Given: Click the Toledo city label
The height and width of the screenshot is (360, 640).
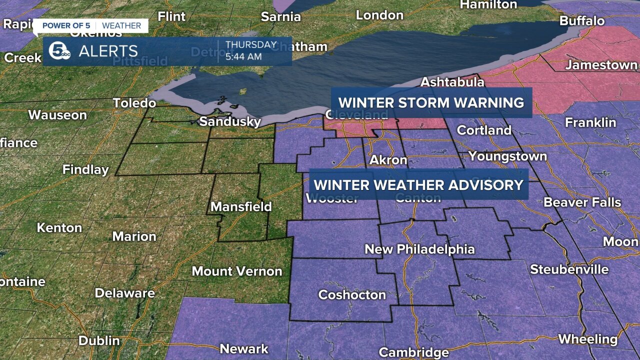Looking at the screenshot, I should [134, 103].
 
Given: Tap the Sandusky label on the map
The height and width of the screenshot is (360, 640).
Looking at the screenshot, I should [230, 121].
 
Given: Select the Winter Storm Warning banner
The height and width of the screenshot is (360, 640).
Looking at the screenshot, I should [431, 102].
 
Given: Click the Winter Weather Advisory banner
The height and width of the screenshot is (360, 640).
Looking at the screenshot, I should [418, 184].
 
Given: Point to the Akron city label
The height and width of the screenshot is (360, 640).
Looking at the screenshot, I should [388, 160].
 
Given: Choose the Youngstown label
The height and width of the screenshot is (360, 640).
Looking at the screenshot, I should [507, 156].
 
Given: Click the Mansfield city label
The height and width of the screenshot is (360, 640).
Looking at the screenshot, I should [241, 206].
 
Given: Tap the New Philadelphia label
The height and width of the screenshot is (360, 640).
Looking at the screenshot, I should [419, 249].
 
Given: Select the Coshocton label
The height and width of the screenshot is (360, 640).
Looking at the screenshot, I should [352, 295].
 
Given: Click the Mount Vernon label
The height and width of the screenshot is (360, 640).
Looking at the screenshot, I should [237, 271].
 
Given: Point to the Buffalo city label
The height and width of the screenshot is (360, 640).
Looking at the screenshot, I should [582, 21].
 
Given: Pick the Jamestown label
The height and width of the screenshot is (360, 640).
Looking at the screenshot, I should [601, 65].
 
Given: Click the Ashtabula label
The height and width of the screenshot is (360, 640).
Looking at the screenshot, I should [452, 81].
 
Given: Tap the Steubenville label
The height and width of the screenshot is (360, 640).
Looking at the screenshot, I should [569, 269].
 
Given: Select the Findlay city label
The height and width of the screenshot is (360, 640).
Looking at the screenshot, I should [85, 169].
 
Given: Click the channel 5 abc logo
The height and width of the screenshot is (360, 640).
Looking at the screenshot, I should [59, 51].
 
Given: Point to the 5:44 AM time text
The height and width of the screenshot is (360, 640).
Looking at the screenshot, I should [243, 56].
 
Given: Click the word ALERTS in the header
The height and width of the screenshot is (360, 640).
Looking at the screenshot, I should [108, 51].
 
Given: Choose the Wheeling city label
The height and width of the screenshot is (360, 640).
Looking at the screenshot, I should [587, 339].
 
